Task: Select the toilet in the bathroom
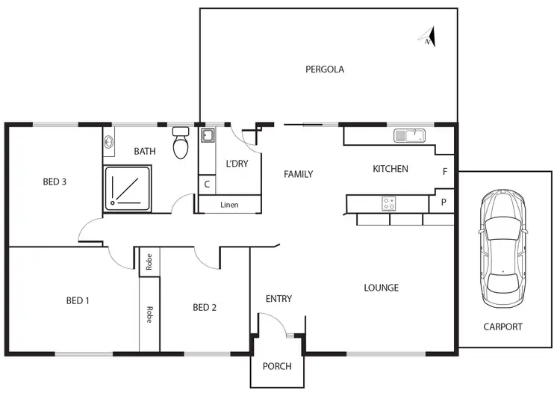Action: (x=181, y=144)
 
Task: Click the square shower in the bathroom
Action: (x=128, y=186)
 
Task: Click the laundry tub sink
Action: (x=207, y=136)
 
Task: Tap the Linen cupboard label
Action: (x=229, y=205)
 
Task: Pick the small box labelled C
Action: (x=206, y=184)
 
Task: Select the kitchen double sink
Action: (x=409, y=135)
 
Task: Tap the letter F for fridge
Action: (x=445, y=172)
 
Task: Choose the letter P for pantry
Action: (x=444, y=202)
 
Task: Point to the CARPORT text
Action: (x=503, y=327)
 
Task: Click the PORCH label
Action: (x=276, y=366)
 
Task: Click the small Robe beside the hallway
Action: (x=149, y=262)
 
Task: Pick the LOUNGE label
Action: (x=381, y=288)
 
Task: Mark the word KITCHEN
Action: (x=391, y=169)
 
